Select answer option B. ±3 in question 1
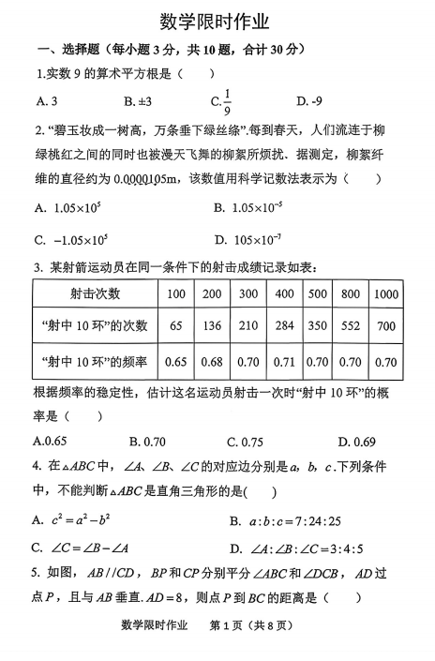pyautogui.click(x=138, y=100)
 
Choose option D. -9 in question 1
pyautogui.click(x=309, y=100)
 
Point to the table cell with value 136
pyautogui.click(x=212, y=326)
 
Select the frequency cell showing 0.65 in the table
pyautogui.click(x=175, y=360)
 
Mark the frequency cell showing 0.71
pyautogui.click(x=284, y=360)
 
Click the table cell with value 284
pyautogui.click(x=284, y=326)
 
